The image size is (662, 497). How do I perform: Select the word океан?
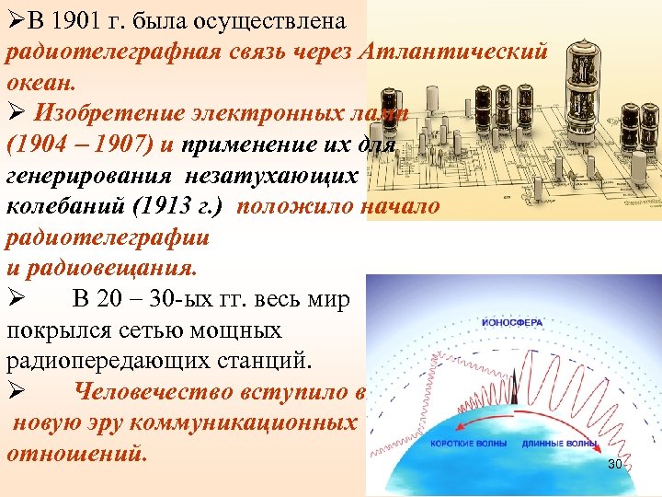(x=36, y=81)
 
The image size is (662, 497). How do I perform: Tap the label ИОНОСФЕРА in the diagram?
(x=512, y=323)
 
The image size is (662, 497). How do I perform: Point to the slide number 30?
(x=614, y=465)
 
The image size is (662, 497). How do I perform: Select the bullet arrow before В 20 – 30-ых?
(x=14, y=299)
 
